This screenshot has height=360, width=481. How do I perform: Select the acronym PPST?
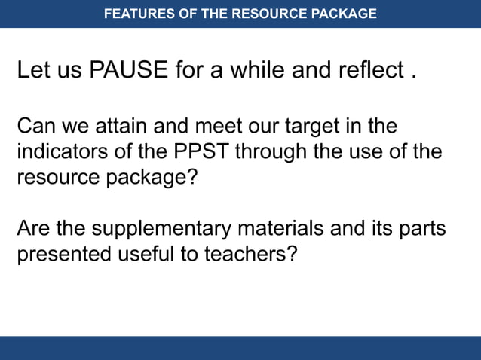click(204, 152)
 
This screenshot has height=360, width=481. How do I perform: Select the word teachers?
click(250, 255)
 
